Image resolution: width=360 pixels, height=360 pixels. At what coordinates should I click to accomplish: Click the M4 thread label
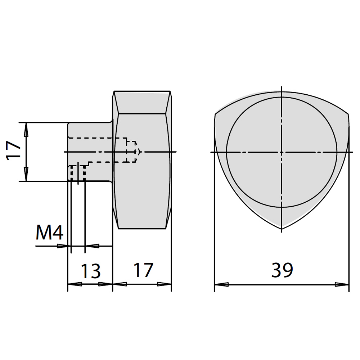click(x=50, y=233)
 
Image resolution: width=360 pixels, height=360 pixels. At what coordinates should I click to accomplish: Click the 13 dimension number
click(x=91, y=271)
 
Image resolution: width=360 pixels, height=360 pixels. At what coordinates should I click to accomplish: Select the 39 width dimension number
click(x=282, y=270)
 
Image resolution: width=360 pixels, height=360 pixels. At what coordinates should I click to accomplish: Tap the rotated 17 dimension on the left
click(x=13, y=150)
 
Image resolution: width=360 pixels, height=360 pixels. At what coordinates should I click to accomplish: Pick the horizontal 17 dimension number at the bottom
click(x=144, y=270)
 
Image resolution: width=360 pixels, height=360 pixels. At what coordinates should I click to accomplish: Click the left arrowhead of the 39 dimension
click(x=221, y=284)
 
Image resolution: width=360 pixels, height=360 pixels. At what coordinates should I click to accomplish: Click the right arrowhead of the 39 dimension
click(x=342, y=284)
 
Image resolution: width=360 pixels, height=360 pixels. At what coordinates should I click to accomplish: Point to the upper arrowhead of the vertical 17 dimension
click(x=26, y=130)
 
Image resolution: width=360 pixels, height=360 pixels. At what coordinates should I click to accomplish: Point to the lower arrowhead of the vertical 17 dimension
click(x=26, y=174)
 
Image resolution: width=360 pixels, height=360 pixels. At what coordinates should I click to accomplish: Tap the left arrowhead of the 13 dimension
click(x=75, y=284)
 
